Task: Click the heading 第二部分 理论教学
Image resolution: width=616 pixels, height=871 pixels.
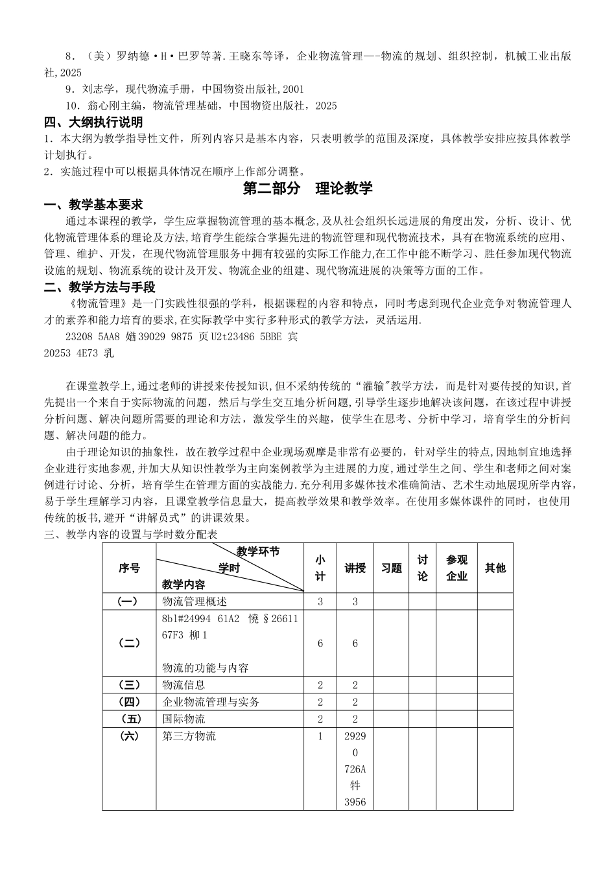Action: (x=307, y=189)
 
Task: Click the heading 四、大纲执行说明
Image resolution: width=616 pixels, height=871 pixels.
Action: (x=93, y=122)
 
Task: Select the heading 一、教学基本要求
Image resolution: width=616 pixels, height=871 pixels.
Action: (x=93, y=205)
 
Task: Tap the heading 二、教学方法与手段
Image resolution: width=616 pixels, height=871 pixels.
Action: (x=99, y=287)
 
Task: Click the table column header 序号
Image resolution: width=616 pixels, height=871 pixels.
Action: (x=129, y=568)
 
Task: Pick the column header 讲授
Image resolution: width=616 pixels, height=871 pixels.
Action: (x=355, y=568)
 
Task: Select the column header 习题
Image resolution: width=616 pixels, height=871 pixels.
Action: (x=391, y=568)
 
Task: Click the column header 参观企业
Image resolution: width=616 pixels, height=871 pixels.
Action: (x=456, y=568)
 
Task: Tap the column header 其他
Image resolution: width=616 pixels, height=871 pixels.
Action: (x=495, y=568)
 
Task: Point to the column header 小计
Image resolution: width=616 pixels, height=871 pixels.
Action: (x=320, y=568)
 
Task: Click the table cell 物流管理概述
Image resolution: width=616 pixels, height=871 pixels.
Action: (x=195, y=601)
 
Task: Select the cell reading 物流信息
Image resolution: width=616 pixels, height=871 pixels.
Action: (x=184, y=684)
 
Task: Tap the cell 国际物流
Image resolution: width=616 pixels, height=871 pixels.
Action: (x=184, y=719)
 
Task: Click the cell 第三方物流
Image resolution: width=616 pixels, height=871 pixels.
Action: (x=189, y=736)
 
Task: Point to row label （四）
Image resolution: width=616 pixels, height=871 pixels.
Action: (x=129, y=702)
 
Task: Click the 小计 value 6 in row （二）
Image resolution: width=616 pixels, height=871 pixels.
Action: (x=320, y=644)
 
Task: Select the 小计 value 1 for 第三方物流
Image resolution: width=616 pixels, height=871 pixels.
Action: (x=320, y=736)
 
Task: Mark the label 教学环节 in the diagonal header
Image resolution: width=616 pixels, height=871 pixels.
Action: (x=258, y=552)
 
